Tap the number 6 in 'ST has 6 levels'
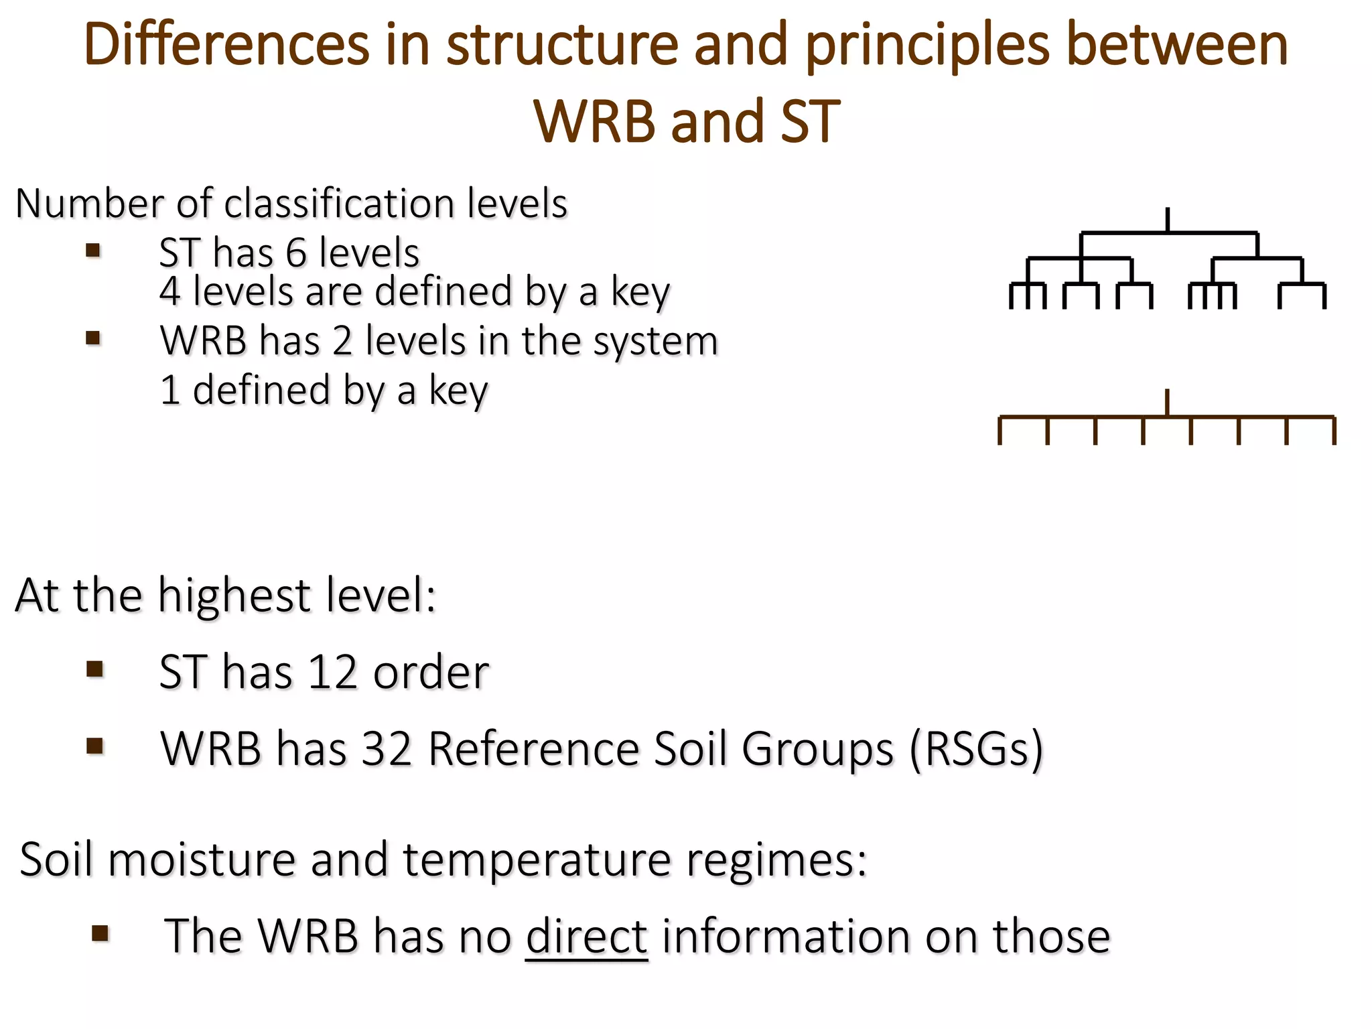pyautogui.click(x=296, y=253)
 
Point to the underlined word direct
pyautogui.click(x=586, y=936)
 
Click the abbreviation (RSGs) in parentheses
pyautogui.click(x=976, y=748)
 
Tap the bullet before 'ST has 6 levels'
pyautogui.click(x=93, y=251)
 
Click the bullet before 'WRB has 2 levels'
pyautogui.click(x=93, y=338)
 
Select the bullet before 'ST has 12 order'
pyautogui.click(x=94, y=669)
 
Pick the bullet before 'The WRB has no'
pyautogui.click(x=100, y=933)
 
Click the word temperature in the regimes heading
pyautogui.click(x=537, y=860)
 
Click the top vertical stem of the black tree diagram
pyautogui.click(x=1168, y=220)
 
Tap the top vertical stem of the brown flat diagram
pyautogui.click(x=1168, y=403)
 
